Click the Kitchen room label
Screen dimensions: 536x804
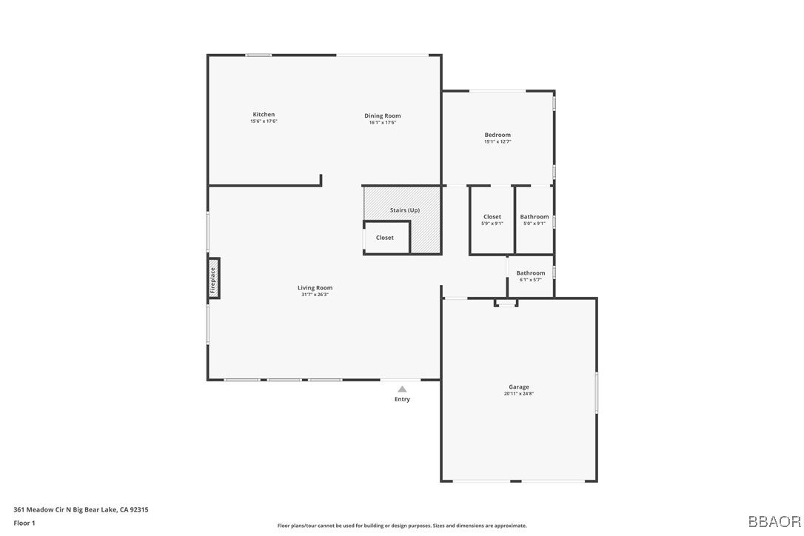pos(264,115)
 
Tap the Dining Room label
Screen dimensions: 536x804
pos(382,115)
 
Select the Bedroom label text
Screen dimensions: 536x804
pos(498,135)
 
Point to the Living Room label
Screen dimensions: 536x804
pos(315,288)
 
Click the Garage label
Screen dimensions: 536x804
pos(518,387)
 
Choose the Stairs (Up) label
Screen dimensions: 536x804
pos(405,210)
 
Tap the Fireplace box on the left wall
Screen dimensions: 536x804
pos(213,278)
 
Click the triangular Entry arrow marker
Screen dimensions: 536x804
pos(402,389)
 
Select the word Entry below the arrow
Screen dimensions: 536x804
pos(402,400)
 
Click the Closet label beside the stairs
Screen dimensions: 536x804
pos(385,238)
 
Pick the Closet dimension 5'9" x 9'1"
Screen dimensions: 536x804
pos(492,224)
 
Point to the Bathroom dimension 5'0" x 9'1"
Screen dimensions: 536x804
pos(535,224)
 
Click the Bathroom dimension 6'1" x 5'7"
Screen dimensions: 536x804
pos(531,280)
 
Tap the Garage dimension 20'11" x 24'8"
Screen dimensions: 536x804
pos(518,394)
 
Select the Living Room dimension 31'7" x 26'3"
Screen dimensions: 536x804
pos(315,295)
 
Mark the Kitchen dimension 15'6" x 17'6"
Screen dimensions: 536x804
pos(264,121)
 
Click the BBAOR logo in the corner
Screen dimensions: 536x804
pos(774,521)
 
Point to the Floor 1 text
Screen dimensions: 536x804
pos(24,523)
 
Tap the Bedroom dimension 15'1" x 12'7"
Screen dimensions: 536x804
pos(498,141)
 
